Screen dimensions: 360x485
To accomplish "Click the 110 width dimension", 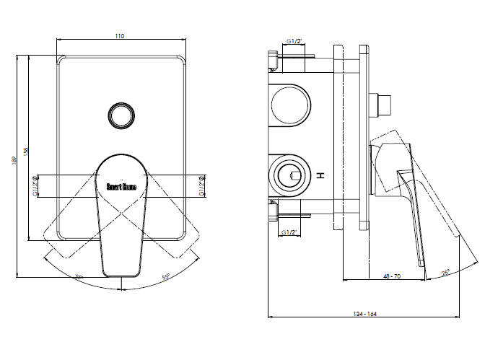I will (x=120, y=35).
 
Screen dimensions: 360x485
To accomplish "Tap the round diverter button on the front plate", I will (x=120, y=115).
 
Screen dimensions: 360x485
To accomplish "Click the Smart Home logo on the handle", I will (x=121, y=186).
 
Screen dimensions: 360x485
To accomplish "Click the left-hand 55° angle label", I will (x=78, y=276).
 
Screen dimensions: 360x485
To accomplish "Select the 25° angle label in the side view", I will (x=446, y=273).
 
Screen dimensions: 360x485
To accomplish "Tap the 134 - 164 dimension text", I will (x=367, y=313).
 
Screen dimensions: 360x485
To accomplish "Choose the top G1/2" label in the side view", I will (x=294, y=42).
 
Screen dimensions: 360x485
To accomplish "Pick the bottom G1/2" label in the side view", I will (x=289, y=232).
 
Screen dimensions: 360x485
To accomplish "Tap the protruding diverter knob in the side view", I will (x=382, y=105).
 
